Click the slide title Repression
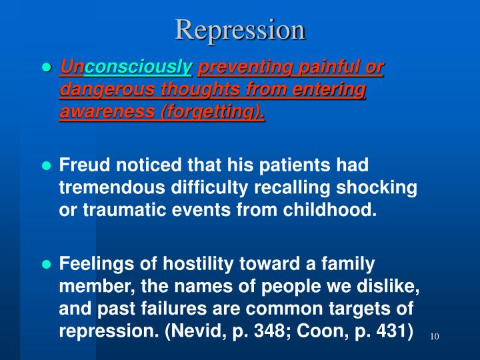click(x=240, y=30)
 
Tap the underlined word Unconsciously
click(x=127, y=67)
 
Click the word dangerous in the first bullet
click(x=99, y=90)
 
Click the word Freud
click(x=80, y=164)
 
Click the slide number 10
click(x=435, y=336)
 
